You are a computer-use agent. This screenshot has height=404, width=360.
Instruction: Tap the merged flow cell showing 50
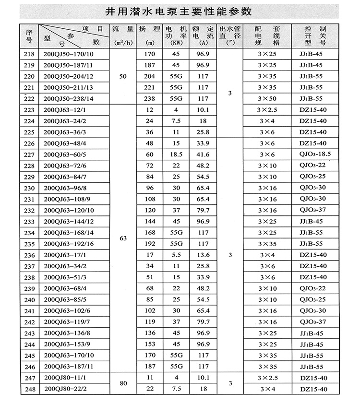pyautogui.click(x=123, y=76)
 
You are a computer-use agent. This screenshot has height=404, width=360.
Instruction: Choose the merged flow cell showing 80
pyautogui.click(x=123, y=383)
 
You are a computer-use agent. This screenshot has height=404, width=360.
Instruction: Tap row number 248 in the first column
pyautogui.click(x=29, y=389)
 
